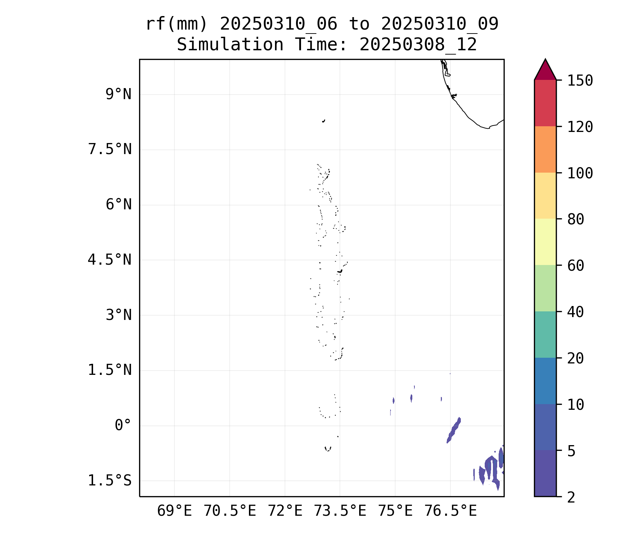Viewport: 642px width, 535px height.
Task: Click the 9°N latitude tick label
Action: pyautogui.click(x=118, y=95)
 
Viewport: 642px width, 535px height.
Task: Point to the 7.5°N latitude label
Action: pyautogui.click(x=110, y=149)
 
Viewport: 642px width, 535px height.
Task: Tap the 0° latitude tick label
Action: pyautogui.click(x=123, y=425)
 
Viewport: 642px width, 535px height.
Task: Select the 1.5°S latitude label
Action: pyautogui.click(x=110, y=480)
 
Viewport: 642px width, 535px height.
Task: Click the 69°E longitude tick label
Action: pyautogui.click(x=174, y=511)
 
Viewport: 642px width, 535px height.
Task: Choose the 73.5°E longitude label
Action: pyautogui.click(x=340, y=511)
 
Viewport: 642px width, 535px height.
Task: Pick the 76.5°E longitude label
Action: pyautogui.click(x=450, y=511)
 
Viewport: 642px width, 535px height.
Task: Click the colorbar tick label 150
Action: pyautogui.click(x=580, y=81)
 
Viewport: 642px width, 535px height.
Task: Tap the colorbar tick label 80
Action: pyautogui.click(x=576, y=219)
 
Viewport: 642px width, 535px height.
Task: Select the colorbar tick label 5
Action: pyautogui.click(x=571, y=451)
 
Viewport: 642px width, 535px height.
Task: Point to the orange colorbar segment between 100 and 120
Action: pyautogui.click(x=545, y=149)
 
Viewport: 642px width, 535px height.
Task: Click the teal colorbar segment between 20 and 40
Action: pyautogui.click(x=545, y=334)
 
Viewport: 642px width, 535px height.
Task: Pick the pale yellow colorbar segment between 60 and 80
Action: pyautogui.click(x=545, y=242)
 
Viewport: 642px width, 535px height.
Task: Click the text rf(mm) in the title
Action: pyautogui.click(x=177, y=24)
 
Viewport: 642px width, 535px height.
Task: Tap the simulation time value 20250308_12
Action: pyautogui.click(x=418, y=45)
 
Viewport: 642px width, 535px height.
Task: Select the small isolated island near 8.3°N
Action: pyautogui.click(x=323, y=121)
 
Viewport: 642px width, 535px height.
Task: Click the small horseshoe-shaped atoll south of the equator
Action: pyautogui.click(x=328, y=449)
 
